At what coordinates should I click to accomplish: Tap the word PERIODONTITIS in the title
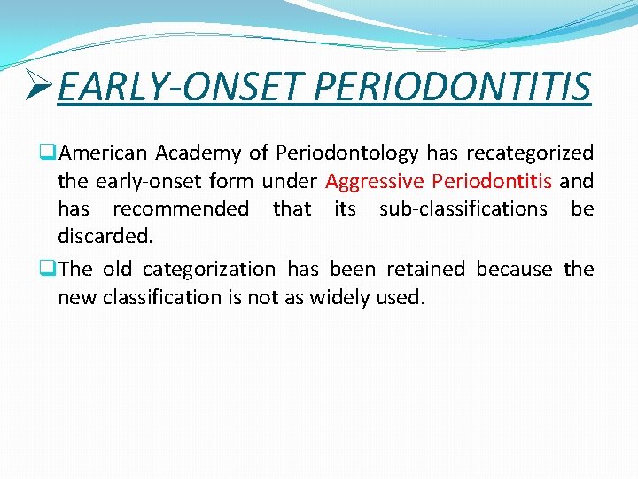click(x=453, y=87)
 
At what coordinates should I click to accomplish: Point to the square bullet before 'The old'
click(x=50, y=269)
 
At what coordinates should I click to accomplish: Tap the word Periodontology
click(x=346, y=153)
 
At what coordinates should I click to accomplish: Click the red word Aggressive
click(x=375, y=182)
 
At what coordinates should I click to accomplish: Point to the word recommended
click(x=181, y=209)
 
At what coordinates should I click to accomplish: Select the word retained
click(x=427, y=269)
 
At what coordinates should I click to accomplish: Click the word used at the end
click(x=402, y=297)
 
